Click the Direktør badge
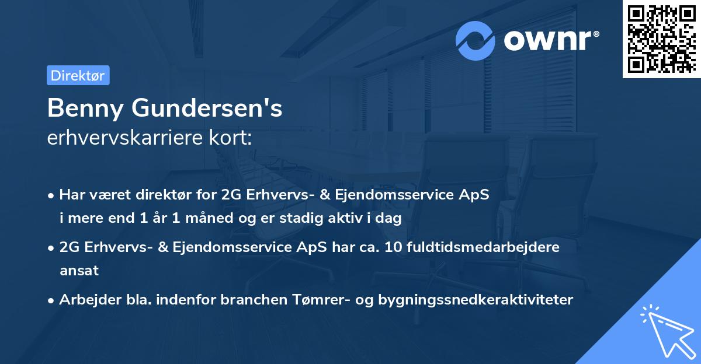pos(78,75)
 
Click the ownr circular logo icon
pos(476,40)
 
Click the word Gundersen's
pos(206,108)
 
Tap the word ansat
pos(79,271)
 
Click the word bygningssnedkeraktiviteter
pos(476,300)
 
